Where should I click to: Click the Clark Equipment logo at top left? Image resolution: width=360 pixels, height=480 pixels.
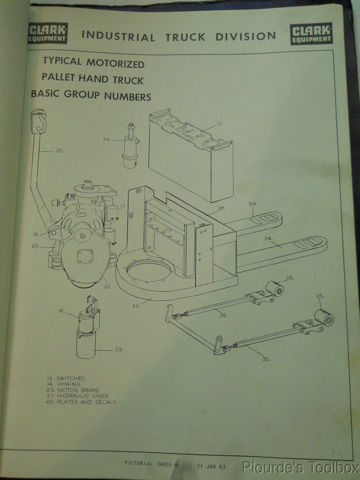click(x=48, y=33)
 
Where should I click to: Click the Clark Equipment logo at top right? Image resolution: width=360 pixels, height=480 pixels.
click(x=310, y=34)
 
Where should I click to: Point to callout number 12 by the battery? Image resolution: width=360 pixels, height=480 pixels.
click(x=219, y=123)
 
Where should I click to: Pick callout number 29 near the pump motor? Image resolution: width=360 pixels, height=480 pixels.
click(x=118, y=349)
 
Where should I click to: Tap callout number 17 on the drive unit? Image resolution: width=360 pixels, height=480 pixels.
click(x=121, y=205)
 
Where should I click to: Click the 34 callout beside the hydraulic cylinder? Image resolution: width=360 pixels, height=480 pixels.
click(x=106, y=139)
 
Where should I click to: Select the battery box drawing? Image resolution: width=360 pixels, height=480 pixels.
click(x=191, y=155)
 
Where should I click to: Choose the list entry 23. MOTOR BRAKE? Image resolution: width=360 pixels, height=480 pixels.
click(x=72, y=390)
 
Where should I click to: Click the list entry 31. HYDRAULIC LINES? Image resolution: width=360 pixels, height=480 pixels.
click(x=76, y=396)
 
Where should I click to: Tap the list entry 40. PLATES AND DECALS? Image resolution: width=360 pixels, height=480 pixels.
click(x=80, y=402)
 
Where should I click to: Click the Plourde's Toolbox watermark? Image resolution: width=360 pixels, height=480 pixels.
click(x=300, y=468)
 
